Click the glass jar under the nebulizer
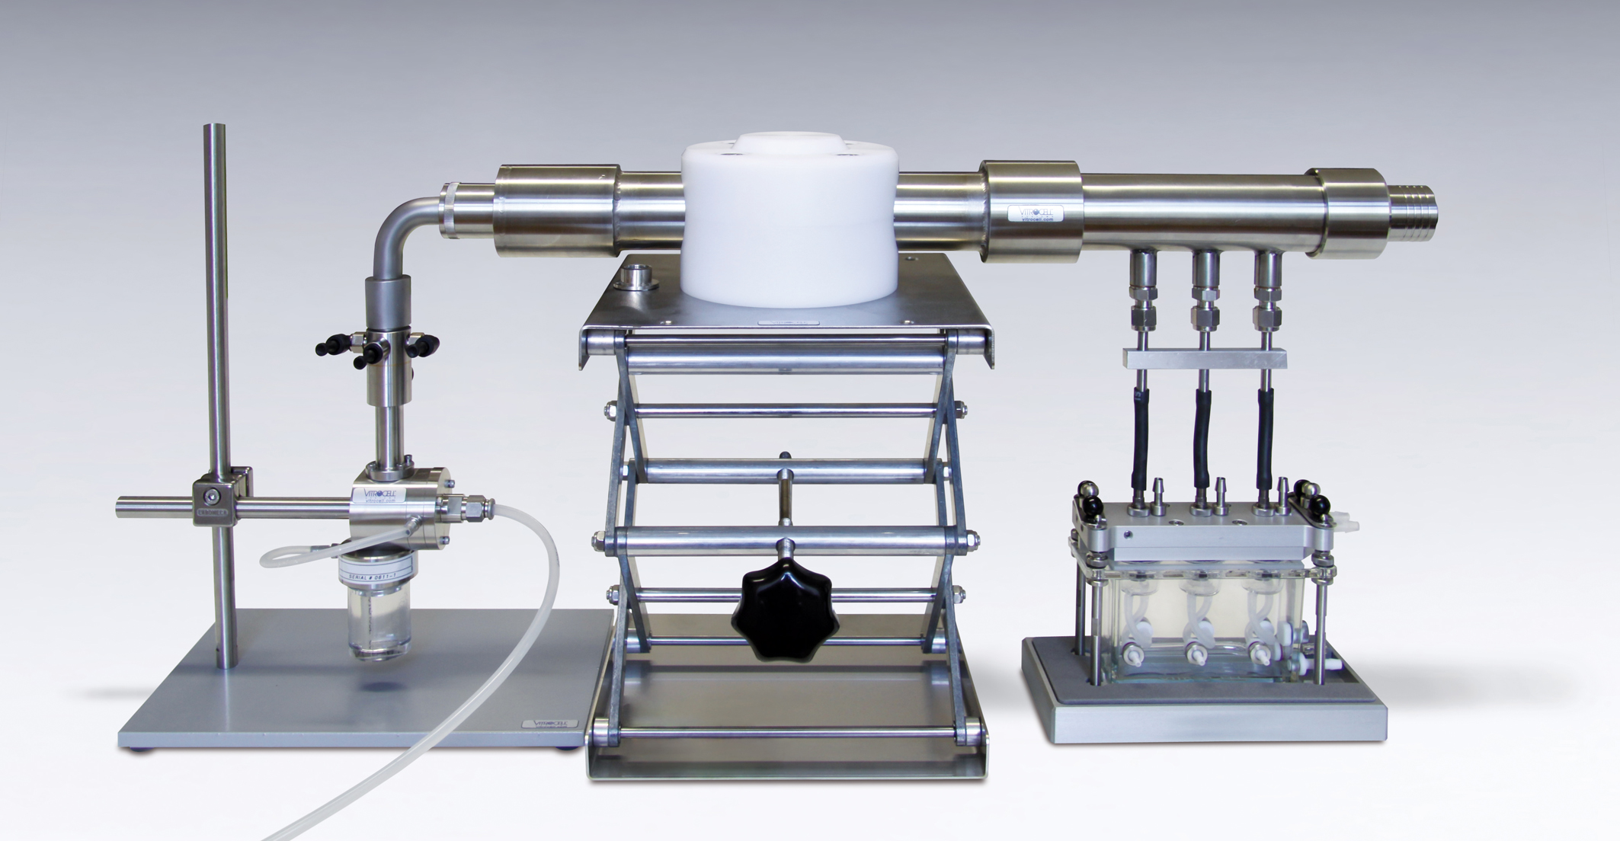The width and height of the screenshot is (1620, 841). click(x=378, y=621)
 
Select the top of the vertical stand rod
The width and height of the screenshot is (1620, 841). click(x=216, y=133)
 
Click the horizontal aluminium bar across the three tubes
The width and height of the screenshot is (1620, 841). click(x=1204, y=357)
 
